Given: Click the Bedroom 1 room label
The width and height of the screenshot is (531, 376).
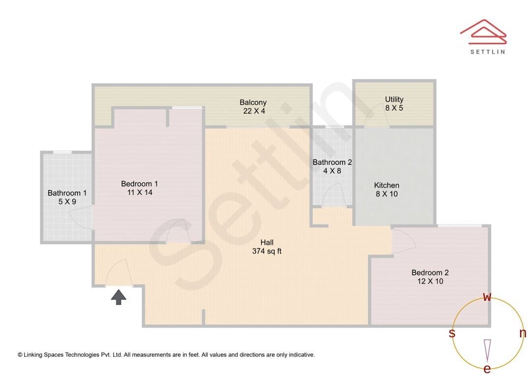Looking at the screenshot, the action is click(x=140, y=184).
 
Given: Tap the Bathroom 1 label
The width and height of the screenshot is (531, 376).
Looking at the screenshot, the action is click(x=67, y=193).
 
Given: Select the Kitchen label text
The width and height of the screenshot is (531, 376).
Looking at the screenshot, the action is click(x=386, y=186).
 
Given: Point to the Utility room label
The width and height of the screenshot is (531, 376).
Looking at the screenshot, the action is click(x=394, y=99).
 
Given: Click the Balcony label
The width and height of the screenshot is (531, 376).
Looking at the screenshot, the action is click(x=253, y=102).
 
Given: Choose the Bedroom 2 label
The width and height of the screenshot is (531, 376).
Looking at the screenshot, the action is click(x=430, y=273).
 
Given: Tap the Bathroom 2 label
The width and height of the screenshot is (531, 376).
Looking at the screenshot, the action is click(x=332, y=162).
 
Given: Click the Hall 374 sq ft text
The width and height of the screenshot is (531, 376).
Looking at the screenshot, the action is click(x=267, y=247).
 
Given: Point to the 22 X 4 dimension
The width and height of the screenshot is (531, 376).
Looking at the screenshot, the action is click(x=254, y=111).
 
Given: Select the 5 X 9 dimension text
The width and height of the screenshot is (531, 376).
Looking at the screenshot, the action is click(x=67, y=202).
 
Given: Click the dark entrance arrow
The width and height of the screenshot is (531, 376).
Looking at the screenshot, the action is click(x=118, y=297).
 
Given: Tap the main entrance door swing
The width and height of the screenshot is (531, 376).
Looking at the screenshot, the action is click(x=118, y=273).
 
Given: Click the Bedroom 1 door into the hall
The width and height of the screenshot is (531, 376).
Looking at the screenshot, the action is click(x=178, y=230).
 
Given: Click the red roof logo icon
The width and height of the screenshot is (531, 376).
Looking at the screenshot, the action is click(x=483, y=32).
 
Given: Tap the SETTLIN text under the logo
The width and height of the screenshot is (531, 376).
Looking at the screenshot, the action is click(x=488, y=52).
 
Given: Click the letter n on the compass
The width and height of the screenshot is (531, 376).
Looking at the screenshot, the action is click(x=523, y=334).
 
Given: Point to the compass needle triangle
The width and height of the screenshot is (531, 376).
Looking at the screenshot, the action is click(x=487, y=350).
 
